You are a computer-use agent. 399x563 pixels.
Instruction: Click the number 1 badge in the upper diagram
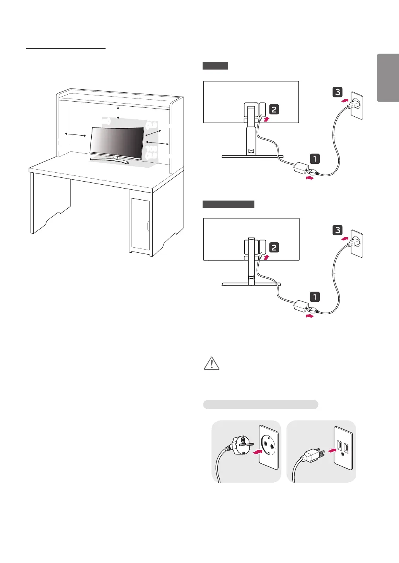pyautogui.click(x=315, y=158)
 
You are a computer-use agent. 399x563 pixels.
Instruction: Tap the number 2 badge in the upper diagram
pyautogui.click(x=274, y=110)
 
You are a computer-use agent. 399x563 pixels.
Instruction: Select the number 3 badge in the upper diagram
pyautogui.click(x=338, y=92)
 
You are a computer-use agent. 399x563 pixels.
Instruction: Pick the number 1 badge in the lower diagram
pyautogui.click(x=315, y=297)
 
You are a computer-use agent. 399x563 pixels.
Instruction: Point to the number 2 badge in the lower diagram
pyautogui.click(x=274, y=247)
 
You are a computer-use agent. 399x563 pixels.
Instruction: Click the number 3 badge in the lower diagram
pyautogui.click(x=338, y=230)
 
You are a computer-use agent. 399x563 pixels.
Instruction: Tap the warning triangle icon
pyautogui.click(x=211, y=363)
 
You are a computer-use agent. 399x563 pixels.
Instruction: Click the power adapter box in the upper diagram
pyautogui.click(x=300, y=169)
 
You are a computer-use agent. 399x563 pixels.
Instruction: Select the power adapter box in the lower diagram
pyautogui.click(x=300, y=307)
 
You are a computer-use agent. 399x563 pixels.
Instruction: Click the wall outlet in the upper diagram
pyautogui.click(x=356, y=105)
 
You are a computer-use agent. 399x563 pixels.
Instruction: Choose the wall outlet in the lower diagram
pyautogui.click(x=356, y=243)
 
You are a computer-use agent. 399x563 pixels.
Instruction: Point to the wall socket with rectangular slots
pyautogui.click(x=343, y=448)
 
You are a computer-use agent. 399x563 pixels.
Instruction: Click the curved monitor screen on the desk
pyautogui.click(x=117, y=142)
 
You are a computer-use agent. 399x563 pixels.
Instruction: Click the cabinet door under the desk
pyautogui.click(x=140, y=224)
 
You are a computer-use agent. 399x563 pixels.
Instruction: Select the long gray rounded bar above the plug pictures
pyautogui.click(x=261, y=405)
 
